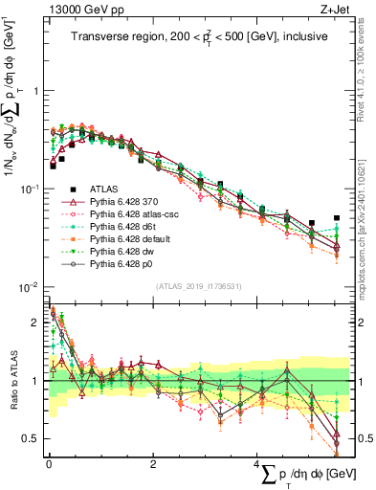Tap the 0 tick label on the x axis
click(x=49, y=463)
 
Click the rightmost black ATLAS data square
click(x=336, y=218)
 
